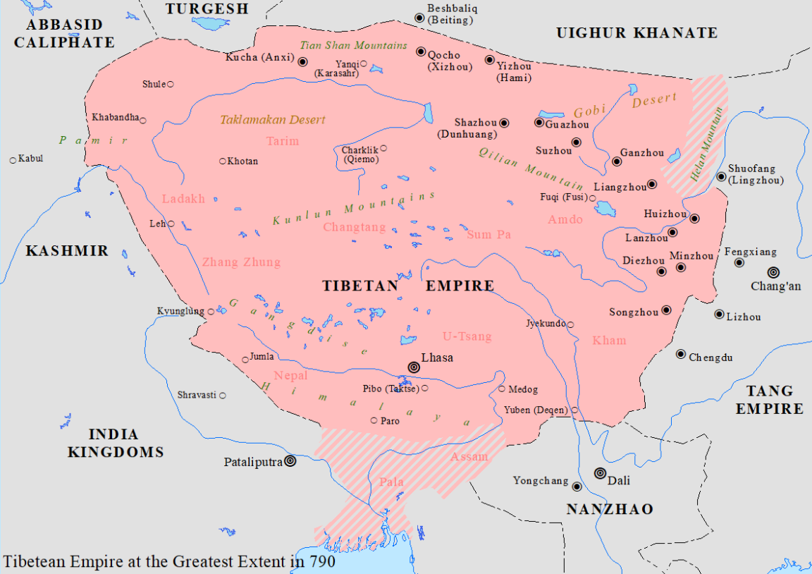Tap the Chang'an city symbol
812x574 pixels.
tap(773, 272)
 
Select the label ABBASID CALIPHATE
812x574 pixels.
tap(64, 33)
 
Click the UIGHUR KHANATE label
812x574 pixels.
tap(636, 32)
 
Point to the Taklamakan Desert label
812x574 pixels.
tap(273, 120)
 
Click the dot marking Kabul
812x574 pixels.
tap(13, 160)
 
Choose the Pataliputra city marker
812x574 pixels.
tap(289, 462)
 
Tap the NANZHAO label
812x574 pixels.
tap(610, 509)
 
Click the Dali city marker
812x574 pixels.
tap(600, 473)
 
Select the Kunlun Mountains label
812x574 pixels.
tap(354, 209)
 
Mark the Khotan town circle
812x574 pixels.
tap(223, 161)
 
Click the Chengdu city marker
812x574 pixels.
tap(681, 355)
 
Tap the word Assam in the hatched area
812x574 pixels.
tap(469, 456)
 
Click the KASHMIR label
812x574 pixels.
tap(67, 251)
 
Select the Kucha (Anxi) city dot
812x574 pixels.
tap(303, 61)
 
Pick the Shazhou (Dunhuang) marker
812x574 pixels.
tap(504, 123)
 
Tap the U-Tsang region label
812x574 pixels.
tap(467, 336)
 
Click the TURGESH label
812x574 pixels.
tap(207, 8)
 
